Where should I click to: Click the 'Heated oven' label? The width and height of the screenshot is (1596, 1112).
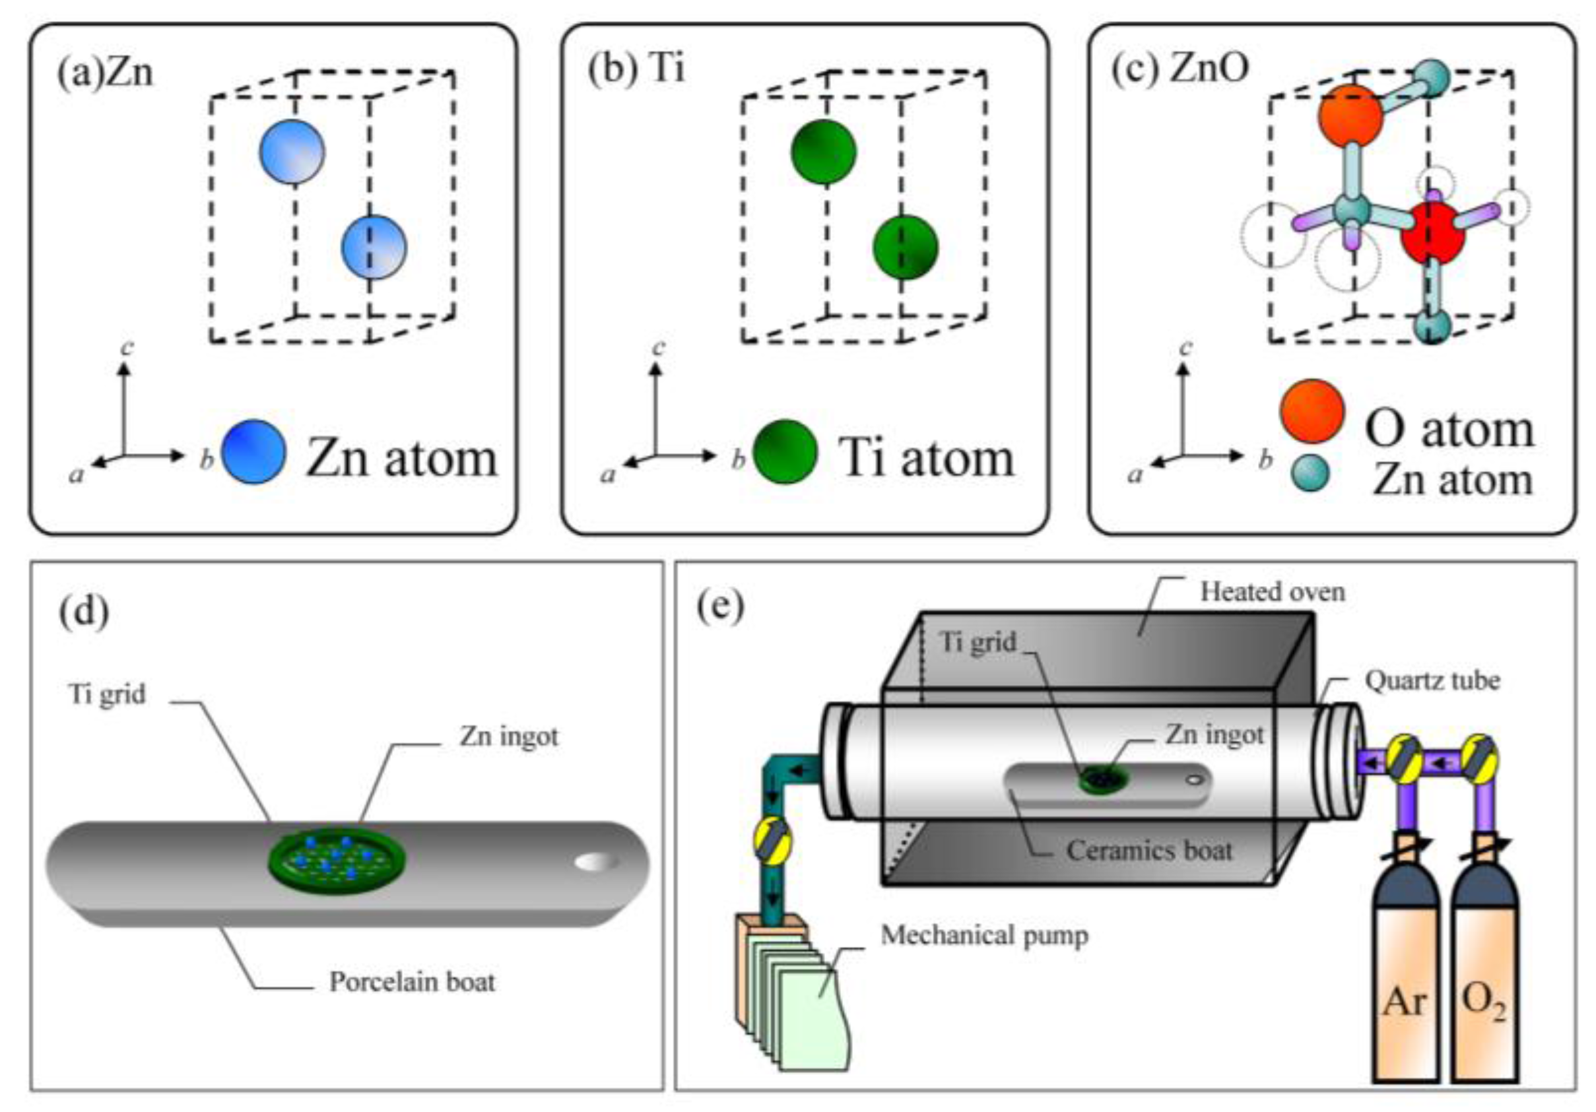coord(1272,592)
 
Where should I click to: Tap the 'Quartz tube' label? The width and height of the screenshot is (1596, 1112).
coord(1432,680)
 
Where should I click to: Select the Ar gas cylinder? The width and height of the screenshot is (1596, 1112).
coord(1405,987)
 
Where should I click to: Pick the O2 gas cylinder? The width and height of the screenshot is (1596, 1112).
coord(1484,987)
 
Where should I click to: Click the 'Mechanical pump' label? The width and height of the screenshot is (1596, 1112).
coord(983,936)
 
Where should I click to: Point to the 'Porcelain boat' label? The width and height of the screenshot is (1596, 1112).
coord(411,981)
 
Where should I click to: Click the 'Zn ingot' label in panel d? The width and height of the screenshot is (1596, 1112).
coord(508,736)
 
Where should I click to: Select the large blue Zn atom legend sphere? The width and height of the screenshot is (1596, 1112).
coord(253,452)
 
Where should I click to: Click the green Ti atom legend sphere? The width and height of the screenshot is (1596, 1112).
coord(785,452)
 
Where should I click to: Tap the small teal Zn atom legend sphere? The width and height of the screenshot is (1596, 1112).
coord(1310,473)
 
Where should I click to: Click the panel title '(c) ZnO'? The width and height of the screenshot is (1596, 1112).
coord(1180,69)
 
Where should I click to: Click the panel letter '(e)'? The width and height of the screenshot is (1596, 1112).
coord(719,606)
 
